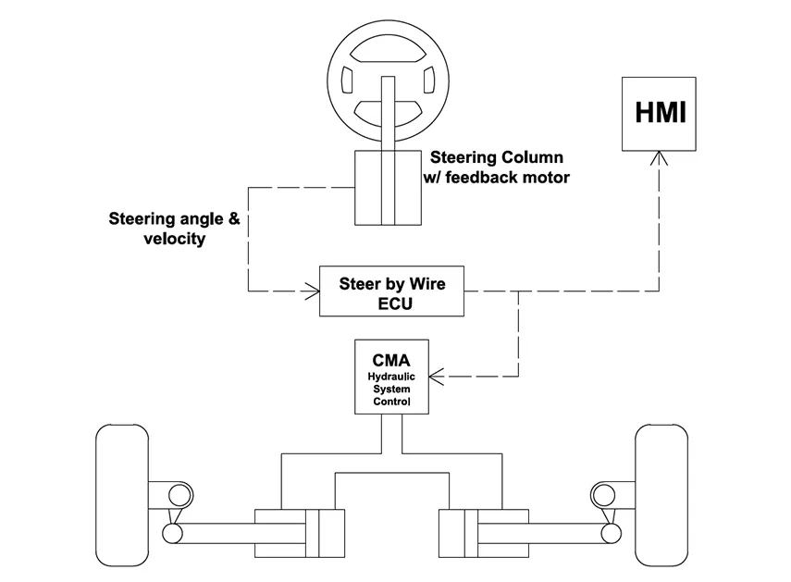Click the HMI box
pyautogui.click(x=661, y=112)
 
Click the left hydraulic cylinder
pyautogui.click(x=298, y=533)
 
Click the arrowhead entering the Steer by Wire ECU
pyautogui.click(x=311, y=293)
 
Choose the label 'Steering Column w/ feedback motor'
pyautogui.click(x=497, y=167)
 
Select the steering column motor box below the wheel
pyautogui.click(x=389, y=188)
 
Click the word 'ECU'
pyautogui.click(x=392, y=303)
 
